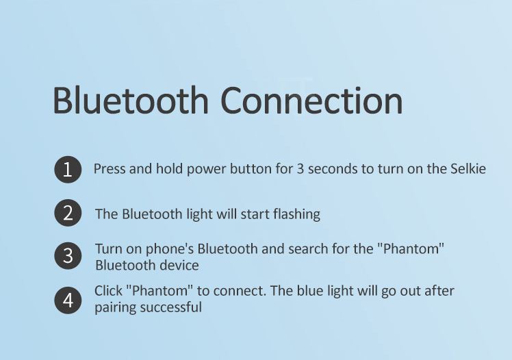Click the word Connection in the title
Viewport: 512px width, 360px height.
[312, 100]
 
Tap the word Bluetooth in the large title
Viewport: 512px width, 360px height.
[130, 99]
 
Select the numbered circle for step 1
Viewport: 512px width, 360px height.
[68, 170]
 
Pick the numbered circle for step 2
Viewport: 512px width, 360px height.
[68, 213]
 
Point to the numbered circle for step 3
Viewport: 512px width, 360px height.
[68, 255]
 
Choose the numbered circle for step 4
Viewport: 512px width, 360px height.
[68, 300]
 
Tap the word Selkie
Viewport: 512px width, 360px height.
[468, 168]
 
